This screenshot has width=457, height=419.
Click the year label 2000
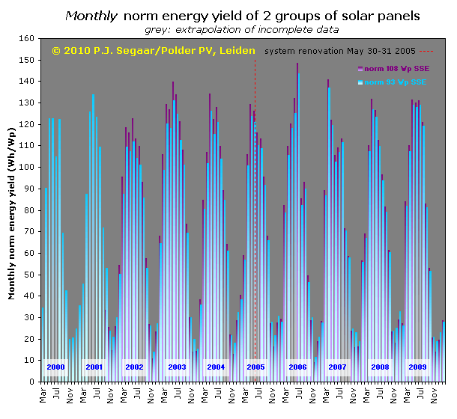(56, 367)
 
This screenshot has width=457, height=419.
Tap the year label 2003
(178, 367)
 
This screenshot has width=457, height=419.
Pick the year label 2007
(337, 367)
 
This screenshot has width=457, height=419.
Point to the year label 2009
(417, 367)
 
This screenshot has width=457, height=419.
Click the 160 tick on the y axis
(28, 38)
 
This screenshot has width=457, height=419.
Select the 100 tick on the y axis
(28, 167)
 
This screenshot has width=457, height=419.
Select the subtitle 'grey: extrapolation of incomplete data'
(241, 29)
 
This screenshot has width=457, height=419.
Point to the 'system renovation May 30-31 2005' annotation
(341, 51)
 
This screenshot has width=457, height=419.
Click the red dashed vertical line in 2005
(255, 224)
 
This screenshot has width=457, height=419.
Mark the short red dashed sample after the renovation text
(426, 51)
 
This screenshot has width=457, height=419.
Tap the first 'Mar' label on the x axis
(42, 395)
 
